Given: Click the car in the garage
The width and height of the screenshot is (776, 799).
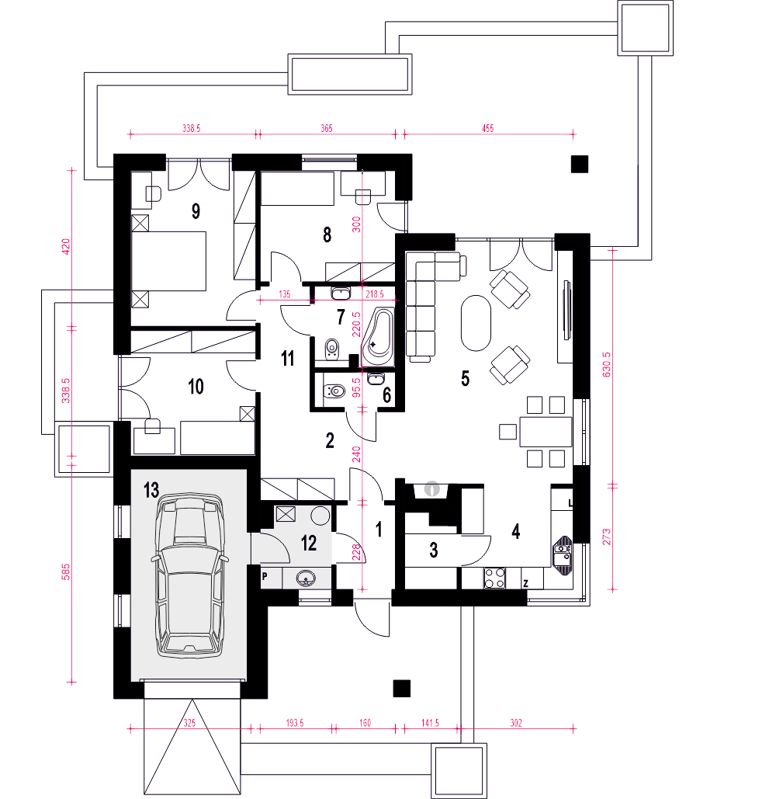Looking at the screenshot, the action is tap(189, 575).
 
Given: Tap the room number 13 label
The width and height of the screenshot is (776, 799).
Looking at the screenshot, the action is tap(151, 490).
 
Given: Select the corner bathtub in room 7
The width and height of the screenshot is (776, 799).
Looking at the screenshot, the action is tap(378, 337).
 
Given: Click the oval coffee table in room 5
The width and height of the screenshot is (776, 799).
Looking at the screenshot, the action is tap(476, 323).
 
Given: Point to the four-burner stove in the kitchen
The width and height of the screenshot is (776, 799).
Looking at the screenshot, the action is tap(494, 578).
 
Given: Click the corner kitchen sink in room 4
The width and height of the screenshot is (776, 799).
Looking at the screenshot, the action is tap(563, 555).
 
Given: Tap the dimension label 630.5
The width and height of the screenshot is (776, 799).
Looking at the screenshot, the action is tap(606, 365).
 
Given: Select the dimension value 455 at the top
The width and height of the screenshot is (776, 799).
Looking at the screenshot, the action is tap(488, 128).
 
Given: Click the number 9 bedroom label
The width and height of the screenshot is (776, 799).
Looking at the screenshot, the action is tap(196, 211).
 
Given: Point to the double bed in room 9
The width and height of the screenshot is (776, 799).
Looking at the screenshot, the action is tap(169, 261).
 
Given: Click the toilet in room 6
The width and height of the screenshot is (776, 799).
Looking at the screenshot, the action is tap(334, 391).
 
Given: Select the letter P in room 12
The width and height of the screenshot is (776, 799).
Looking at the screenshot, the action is tap(265, 577).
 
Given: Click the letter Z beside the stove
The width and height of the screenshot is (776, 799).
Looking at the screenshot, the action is tap(525, 584).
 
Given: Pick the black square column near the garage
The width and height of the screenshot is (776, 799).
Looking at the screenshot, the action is tap(402, 689).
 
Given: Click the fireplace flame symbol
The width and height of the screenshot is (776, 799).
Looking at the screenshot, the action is tap(431, 489).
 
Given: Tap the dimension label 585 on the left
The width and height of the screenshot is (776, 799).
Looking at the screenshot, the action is tap(66, 572).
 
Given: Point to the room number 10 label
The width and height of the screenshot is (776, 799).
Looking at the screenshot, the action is tap(196, 387).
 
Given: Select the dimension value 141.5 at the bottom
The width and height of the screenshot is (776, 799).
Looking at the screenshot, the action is tap(430, 723).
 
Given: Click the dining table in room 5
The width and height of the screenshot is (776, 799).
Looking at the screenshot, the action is tap(546, 432).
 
